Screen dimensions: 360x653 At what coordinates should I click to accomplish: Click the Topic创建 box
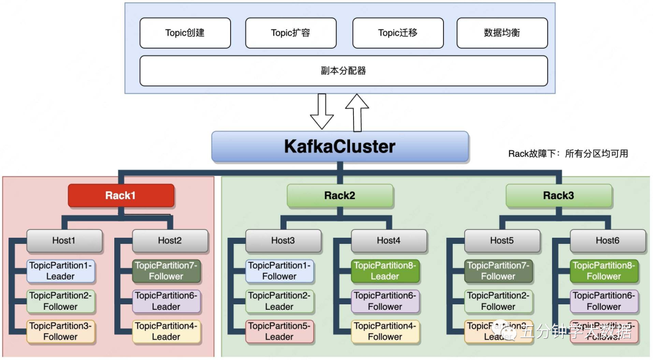coord(185,33)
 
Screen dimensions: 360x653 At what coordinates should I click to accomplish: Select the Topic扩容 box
coord(291,33)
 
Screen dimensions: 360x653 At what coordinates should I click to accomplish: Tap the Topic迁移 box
coord(398,33)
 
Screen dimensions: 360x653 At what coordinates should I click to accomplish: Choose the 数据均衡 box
coord(502,33)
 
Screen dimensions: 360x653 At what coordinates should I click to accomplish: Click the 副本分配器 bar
coord(343,71)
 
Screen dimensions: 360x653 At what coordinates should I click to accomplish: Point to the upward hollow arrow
coord(357,112)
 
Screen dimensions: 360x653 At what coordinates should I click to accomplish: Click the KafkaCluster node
coord(340,146)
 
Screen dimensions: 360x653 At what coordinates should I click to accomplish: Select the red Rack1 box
coord(121,195)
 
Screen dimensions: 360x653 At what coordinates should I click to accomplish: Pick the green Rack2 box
coord(340,195)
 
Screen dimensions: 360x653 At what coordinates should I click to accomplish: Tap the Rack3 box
coord(559,195)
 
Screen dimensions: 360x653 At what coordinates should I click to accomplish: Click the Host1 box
coord(64,240)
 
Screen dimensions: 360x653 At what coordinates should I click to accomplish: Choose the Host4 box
coord(389,240)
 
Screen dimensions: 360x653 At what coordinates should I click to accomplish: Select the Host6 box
coord(608,240)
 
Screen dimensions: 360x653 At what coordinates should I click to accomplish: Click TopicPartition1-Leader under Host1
coord(60,271)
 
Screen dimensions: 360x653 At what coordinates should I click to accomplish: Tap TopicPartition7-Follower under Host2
coord(166,271)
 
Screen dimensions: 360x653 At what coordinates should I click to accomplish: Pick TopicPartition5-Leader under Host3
coord(279,332)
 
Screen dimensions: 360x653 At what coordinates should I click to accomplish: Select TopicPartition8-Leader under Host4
coord(385,271)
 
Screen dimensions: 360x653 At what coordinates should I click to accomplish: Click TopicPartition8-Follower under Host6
coord(604,271)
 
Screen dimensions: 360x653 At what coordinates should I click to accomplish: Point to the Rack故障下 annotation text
coord(568,154)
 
